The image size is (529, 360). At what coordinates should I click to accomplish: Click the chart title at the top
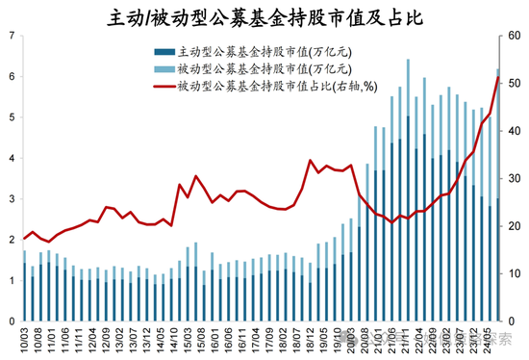click(264, 16)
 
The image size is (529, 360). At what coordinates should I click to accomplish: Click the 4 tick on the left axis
click(11, 158)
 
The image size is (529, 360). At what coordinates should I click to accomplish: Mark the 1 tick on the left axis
click(11, 280)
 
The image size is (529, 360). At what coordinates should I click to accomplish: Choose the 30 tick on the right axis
click(516, 178)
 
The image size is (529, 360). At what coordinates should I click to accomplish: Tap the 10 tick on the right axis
click(516, 273)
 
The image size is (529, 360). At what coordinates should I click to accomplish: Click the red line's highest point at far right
click(497, 78)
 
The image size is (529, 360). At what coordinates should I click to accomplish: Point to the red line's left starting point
click(25, 239)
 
